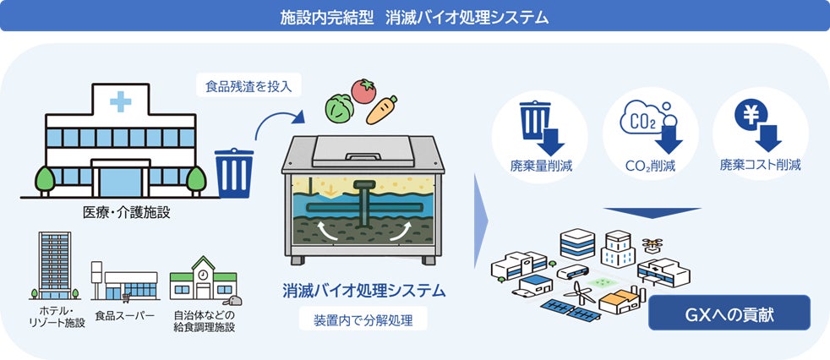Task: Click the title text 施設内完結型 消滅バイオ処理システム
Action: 414,16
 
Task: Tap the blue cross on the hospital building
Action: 120,102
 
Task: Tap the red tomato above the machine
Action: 363,90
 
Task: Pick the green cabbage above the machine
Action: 339,108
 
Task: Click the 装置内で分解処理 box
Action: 363,320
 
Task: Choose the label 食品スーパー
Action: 125,315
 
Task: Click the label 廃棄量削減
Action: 542,165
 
